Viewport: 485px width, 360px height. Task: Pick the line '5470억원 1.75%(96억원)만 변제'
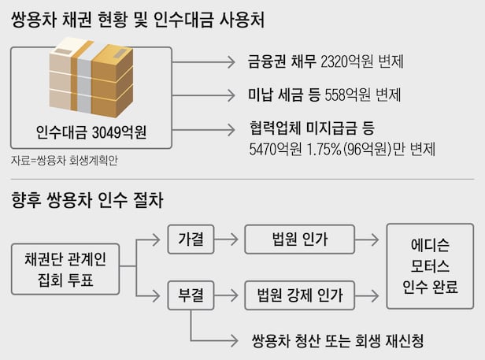coord(341,148)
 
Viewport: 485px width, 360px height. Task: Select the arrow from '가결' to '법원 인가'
coord(228,238)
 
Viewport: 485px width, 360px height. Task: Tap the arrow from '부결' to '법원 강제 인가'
coord(228,296)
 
